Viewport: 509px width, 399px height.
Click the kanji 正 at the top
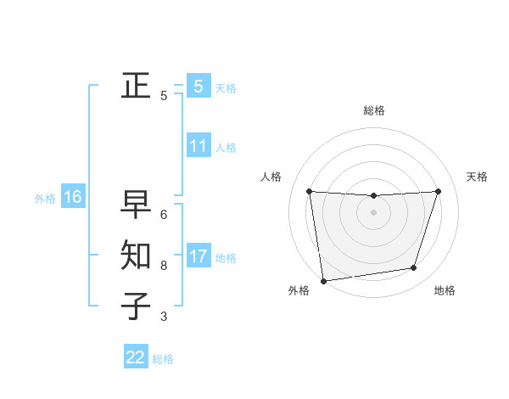136,86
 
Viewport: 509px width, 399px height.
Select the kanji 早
136,204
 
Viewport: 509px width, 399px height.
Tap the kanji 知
136,255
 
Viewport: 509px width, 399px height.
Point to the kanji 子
136,306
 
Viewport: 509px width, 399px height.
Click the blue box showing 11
198,145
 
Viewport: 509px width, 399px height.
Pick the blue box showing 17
198,256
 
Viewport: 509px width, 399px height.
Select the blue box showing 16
73,197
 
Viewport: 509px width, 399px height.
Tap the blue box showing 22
136,357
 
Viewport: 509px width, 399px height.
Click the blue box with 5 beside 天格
198,86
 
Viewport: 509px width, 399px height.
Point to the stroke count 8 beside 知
164,266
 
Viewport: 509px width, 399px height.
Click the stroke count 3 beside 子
164,317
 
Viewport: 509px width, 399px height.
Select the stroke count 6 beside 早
164,215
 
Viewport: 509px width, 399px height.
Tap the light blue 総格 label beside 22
163,359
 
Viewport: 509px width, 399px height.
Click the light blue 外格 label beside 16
45,199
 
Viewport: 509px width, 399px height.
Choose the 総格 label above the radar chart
374,110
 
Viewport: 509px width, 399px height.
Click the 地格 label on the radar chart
445,290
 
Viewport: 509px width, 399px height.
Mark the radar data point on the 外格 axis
323,280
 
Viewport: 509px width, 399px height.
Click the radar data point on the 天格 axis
439,191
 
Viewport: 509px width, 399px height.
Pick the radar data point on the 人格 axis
309,191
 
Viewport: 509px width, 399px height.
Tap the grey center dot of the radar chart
373,212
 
